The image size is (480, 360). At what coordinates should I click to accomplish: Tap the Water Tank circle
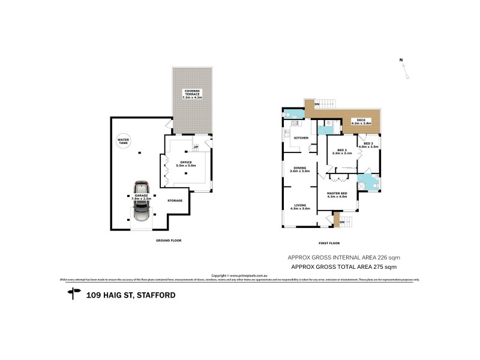124,142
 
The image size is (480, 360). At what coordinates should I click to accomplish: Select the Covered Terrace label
193,95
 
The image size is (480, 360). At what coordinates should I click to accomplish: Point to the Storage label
175,200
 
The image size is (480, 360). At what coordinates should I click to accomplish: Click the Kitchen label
301,139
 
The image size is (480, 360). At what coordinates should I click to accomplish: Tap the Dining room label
299,169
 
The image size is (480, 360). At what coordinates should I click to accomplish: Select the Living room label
299,206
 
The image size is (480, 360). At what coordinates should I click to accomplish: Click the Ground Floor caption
168,241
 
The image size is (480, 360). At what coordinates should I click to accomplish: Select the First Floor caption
330,242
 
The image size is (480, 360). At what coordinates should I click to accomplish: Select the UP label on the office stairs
196,147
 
